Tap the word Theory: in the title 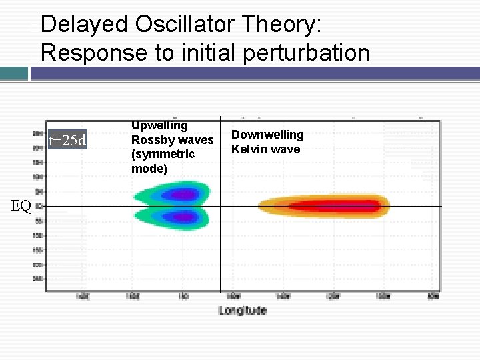(284, 25)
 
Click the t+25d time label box (67, 140)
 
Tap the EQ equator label (21, 206)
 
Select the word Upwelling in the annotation (159, 125)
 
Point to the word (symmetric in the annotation (163, 154)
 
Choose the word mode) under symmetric (149, 169)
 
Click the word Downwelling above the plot (267, 135)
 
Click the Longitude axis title (243, 310)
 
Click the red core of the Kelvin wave (333, 206)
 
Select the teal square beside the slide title (14, 73)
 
